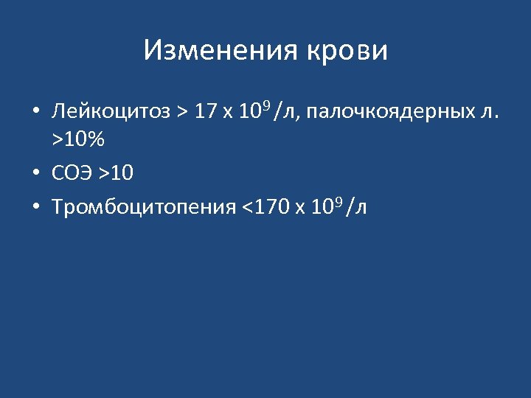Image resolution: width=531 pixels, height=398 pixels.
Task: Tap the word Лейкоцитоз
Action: (x=111, y=112)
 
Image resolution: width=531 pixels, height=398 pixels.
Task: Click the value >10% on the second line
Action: (x=77, y=139)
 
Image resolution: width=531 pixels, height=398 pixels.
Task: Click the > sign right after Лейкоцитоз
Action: (x=182, y=112)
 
